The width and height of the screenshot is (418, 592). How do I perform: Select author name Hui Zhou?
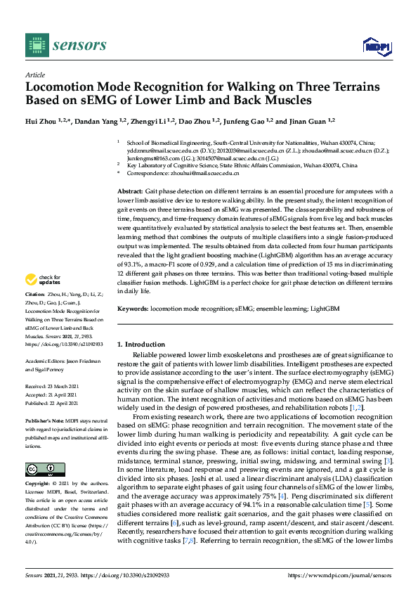(x=41, y=120)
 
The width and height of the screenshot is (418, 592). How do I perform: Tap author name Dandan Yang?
(x=96, y=120)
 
